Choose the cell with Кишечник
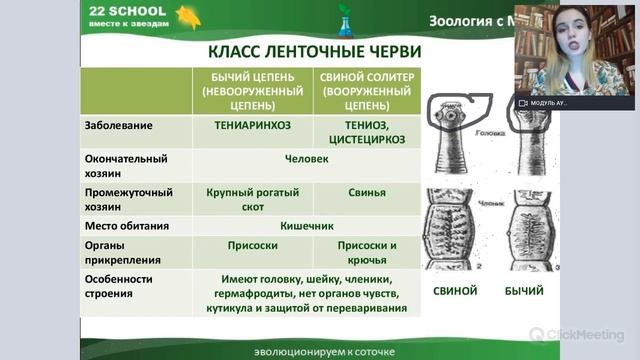[306, 225]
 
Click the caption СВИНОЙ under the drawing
[456, 291]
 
